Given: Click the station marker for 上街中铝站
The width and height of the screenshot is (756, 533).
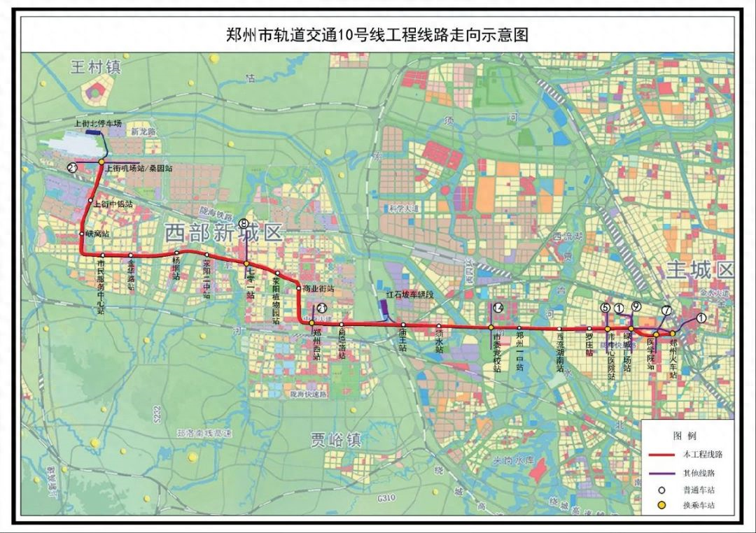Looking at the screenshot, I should [90, 204].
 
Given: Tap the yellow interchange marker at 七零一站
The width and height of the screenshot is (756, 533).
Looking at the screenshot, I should [247, 264].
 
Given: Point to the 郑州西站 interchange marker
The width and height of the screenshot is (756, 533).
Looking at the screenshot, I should [312, 323].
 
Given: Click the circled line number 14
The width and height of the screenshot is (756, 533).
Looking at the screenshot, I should [498, 308].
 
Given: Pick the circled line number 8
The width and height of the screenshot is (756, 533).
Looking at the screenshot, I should [243, 224].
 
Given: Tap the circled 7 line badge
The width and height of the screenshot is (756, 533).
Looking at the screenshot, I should [666, 311].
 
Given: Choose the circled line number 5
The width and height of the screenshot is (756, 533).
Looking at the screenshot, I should [605, 307].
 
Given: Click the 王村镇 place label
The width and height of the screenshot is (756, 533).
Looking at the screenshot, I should [95, 67].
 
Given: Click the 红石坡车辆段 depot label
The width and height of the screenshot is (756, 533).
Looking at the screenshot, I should [410, 295].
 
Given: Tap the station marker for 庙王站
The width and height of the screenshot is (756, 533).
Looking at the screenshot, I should [404, 325].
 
